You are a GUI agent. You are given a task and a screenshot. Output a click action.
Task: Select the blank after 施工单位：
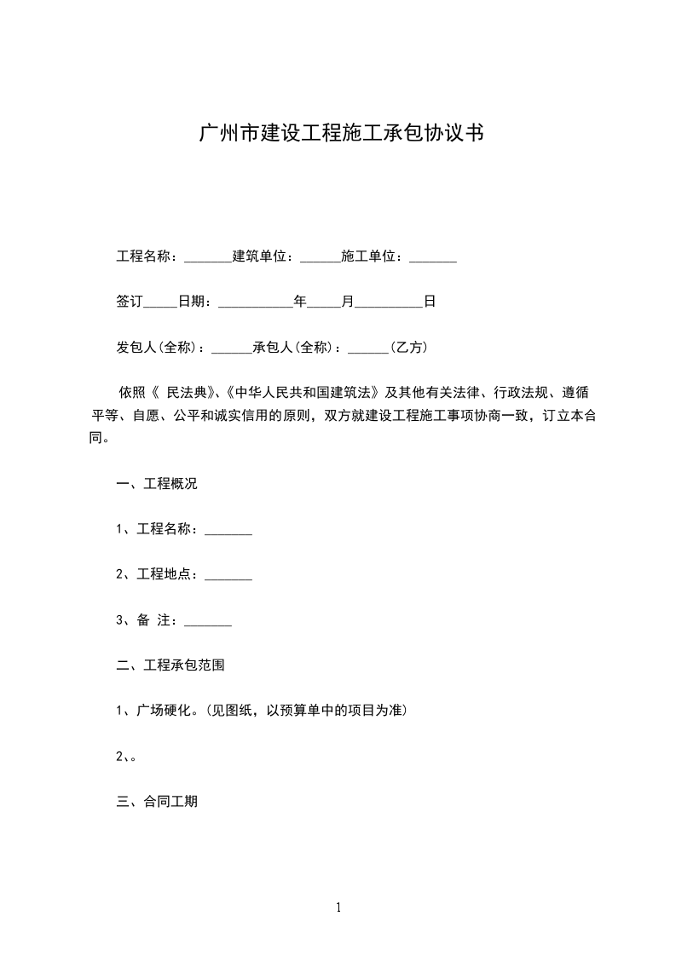(x=433, y=257)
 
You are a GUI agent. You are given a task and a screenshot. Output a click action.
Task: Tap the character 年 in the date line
(x=300, y=302)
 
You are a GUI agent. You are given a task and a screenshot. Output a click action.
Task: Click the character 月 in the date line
(x=347, y=302)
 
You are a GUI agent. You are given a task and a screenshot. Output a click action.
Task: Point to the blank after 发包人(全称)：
(x=231, y=348)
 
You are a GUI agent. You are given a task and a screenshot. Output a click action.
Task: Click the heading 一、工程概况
(x=157, y=484)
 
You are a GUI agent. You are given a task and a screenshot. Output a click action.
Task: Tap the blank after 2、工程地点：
(x=228, y=575)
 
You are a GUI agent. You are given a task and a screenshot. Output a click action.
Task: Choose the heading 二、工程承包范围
(x=170, y=665)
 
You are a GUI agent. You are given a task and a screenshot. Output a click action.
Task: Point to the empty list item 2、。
(x=127, y=756)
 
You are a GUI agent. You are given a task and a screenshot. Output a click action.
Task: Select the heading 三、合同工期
(x=157, y=802)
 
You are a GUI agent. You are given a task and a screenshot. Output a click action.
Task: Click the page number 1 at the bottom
(x=338, y=908)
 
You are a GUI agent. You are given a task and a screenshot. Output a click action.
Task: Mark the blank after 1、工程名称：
(x=228, y=530)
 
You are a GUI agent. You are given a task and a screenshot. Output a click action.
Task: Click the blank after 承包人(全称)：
(x=368, y=348)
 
